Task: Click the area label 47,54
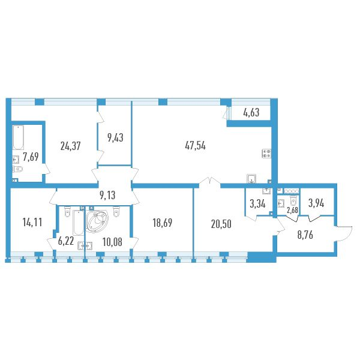[x=195, y=146]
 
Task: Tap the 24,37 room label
[x=70, y=146]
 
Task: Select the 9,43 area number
[x=115, y=137]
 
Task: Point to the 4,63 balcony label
[x=251, y=113]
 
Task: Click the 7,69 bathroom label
[x=31, y=157]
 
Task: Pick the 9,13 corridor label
[x=107, y=196]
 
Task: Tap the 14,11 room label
[x=32, y=222]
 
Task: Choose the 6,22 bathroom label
[x=66, y=241]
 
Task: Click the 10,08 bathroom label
[x=113, y=242]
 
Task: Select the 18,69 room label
[x=163, y=223]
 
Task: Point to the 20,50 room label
[x=221, y=224]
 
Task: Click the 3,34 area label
[x=257, y=203]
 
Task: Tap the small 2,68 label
[x=293, y=211]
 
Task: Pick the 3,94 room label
[x=316, y=203]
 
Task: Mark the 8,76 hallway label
[x=305, y=235]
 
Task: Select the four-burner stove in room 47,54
[x=266, y=154]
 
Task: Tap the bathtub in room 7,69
[x=18, y=137]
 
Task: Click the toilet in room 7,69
[x=18, y=169]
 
